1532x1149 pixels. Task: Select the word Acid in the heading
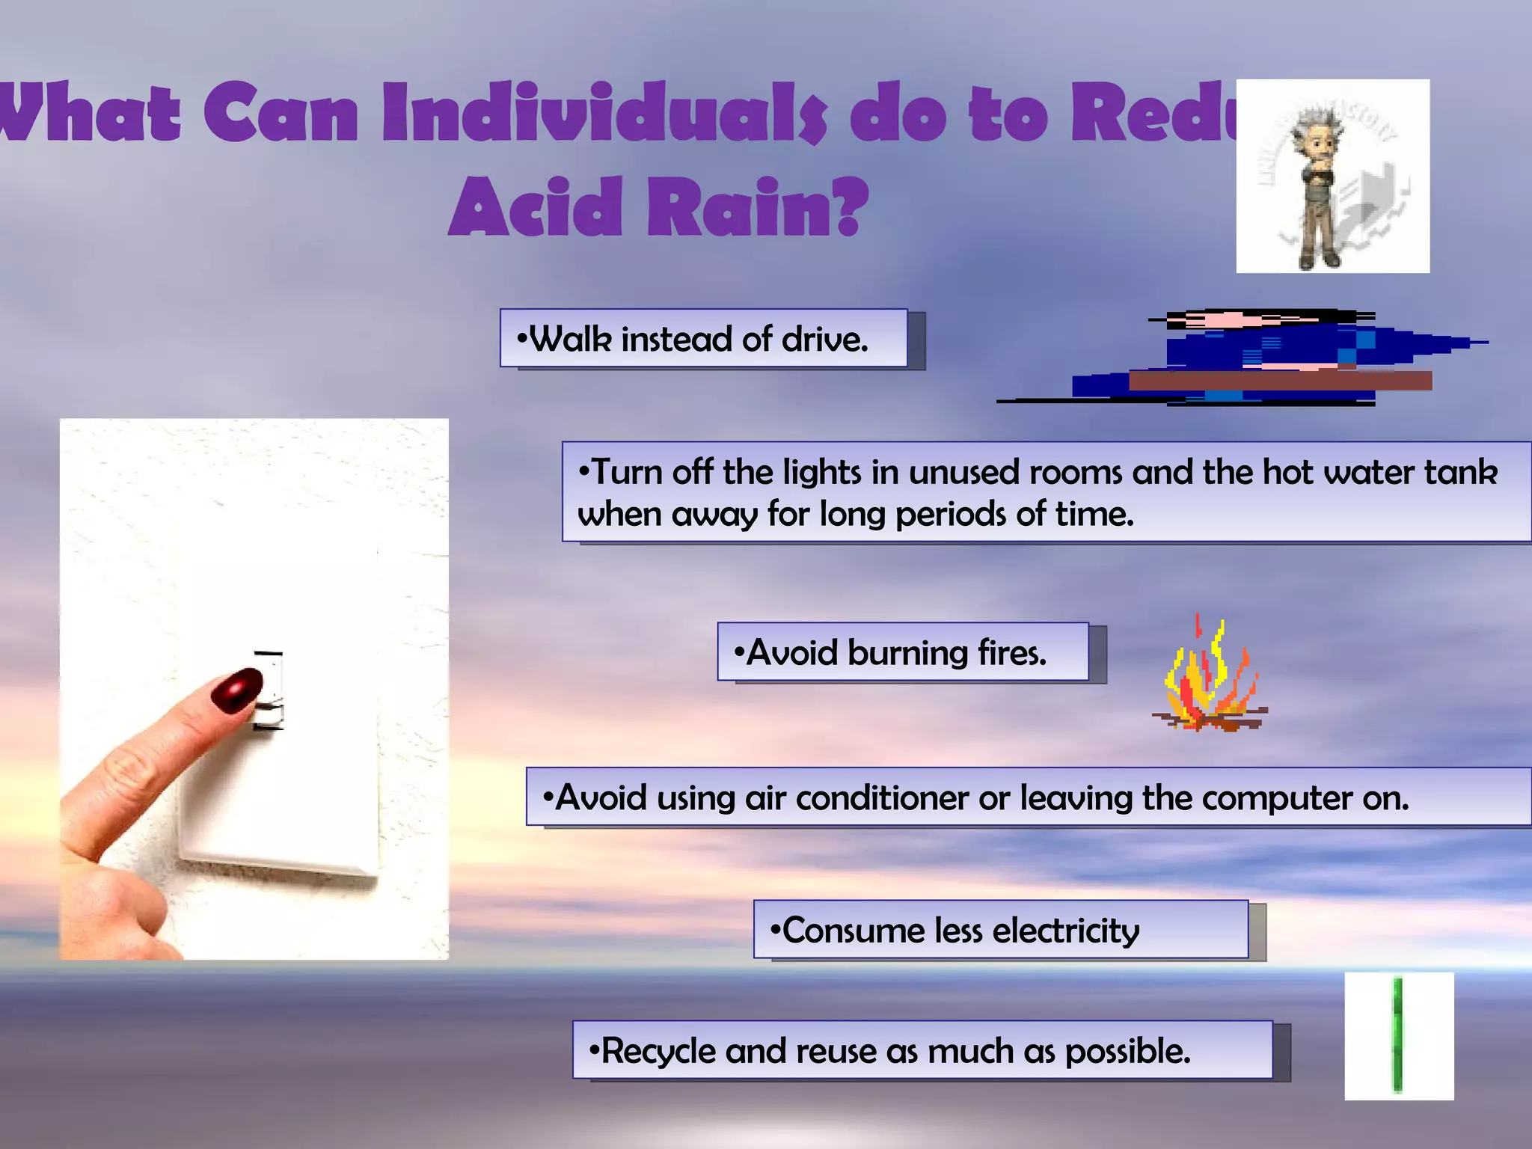(x=536, y=207)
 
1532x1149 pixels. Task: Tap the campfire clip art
(x=1208, y=677)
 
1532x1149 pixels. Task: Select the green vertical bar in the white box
(x=1397, y=1035)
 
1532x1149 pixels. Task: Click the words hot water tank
(x=1380, y=473)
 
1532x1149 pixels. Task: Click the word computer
(x=1279, y=798)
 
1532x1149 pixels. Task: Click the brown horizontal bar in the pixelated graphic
(x=1279, y=381)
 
